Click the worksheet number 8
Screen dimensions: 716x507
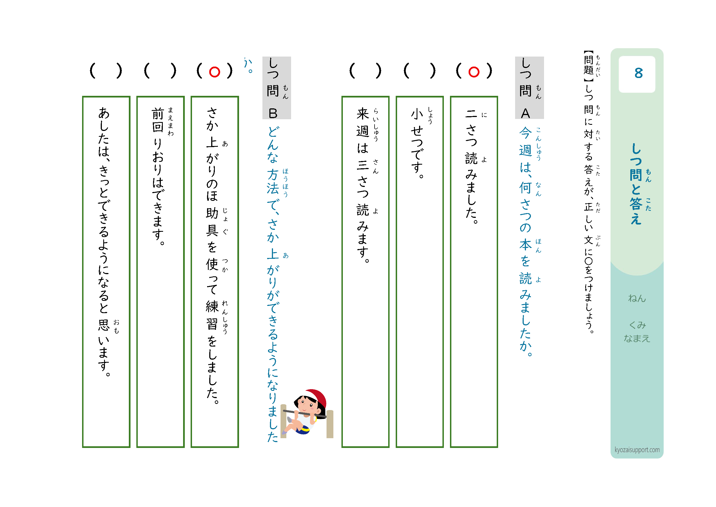pyautogui.click(x=638, y=73)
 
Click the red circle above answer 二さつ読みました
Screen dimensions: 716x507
pyautogui.click(x=474, y=72)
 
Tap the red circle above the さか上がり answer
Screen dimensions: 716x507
pyautogui.click(x=215, y=72)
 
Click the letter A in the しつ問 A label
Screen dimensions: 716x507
pyautogui.click(x=525, y=113)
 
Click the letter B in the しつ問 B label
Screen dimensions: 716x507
pyautogui.click(x=273, y=113)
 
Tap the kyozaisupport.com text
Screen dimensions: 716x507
pyautogui.click(x=637, y=450)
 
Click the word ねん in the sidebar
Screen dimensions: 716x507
pyautogui.click(x=637, y=298)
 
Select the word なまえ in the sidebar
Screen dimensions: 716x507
pyautogui.click(x=637, y=338)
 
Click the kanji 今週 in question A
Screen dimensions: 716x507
pyautogui.click(x=525, y=142)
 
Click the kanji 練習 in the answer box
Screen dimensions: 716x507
pyautogui.click(x=212, y=315)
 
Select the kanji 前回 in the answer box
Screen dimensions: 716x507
pyautogui.click(x=158, y=120)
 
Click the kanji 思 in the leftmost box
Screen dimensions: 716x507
pyautogui.click(x=104, y=325)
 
